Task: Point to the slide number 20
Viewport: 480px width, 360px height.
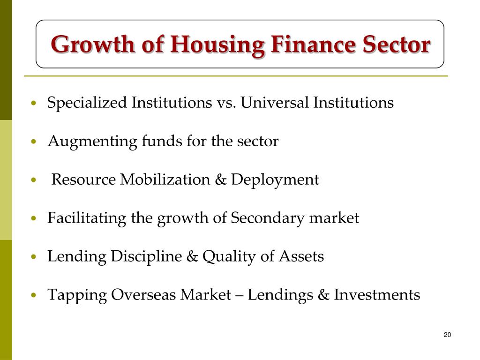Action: point(447,335)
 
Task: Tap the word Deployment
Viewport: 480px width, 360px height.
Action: point(275,180)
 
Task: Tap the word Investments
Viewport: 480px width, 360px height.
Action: point(377,295)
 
